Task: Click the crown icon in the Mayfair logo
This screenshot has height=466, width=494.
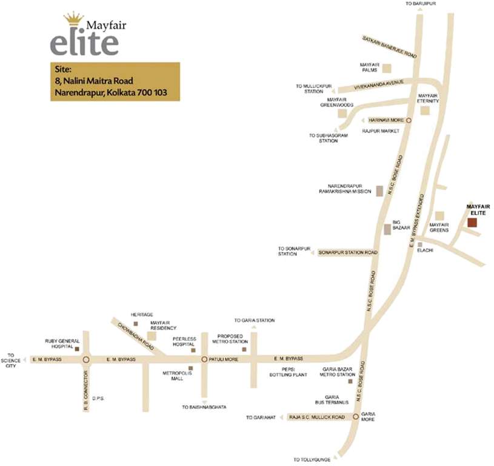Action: [x=73, y=18]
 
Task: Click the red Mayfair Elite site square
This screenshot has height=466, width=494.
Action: [x=472, y=222]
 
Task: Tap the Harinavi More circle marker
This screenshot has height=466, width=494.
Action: [x=409, y=121]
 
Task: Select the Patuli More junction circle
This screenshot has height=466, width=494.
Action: [x=204, y=359]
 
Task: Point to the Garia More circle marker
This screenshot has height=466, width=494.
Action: [x=356, y=417]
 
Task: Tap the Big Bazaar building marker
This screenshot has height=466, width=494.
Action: [x=387, y=229]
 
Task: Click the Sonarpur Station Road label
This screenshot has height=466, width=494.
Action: [x=347, y=252]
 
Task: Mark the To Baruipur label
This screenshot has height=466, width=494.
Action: [x=421, y=4]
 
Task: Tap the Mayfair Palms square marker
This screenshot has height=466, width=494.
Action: [x=386, y=69]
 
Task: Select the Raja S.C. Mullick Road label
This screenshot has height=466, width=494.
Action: [x=316, y=417]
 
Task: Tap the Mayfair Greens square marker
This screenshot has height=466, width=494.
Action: [x=439, y=215]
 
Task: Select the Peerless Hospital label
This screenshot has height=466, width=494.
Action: [x=183, y=341]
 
